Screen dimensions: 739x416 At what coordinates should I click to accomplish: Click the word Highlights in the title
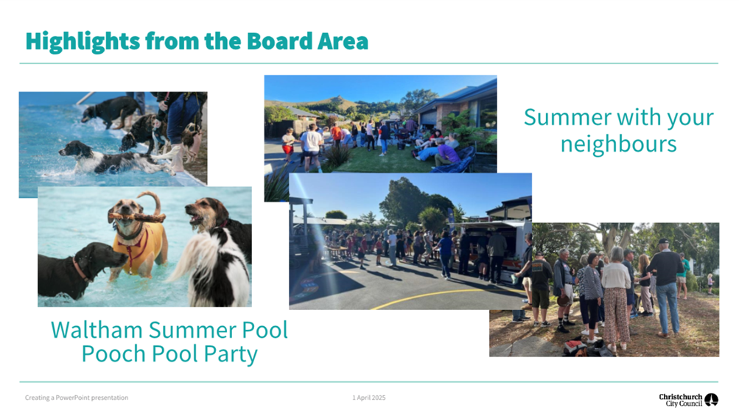(83, 41)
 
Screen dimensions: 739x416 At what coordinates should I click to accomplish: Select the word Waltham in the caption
(97, 330)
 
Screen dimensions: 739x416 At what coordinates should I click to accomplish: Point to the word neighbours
(618, 144)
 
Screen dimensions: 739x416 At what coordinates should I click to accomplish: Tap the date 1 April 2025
(369, 398)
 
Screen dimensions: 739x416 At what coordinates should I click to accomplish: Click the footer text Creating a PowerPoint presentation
(77, 398)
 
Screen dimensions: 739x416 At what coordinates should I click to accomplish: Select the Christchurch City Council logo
(689, 400)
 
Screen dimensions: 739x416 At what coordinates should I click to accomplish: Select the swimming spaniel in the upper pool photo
(113, 158)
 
